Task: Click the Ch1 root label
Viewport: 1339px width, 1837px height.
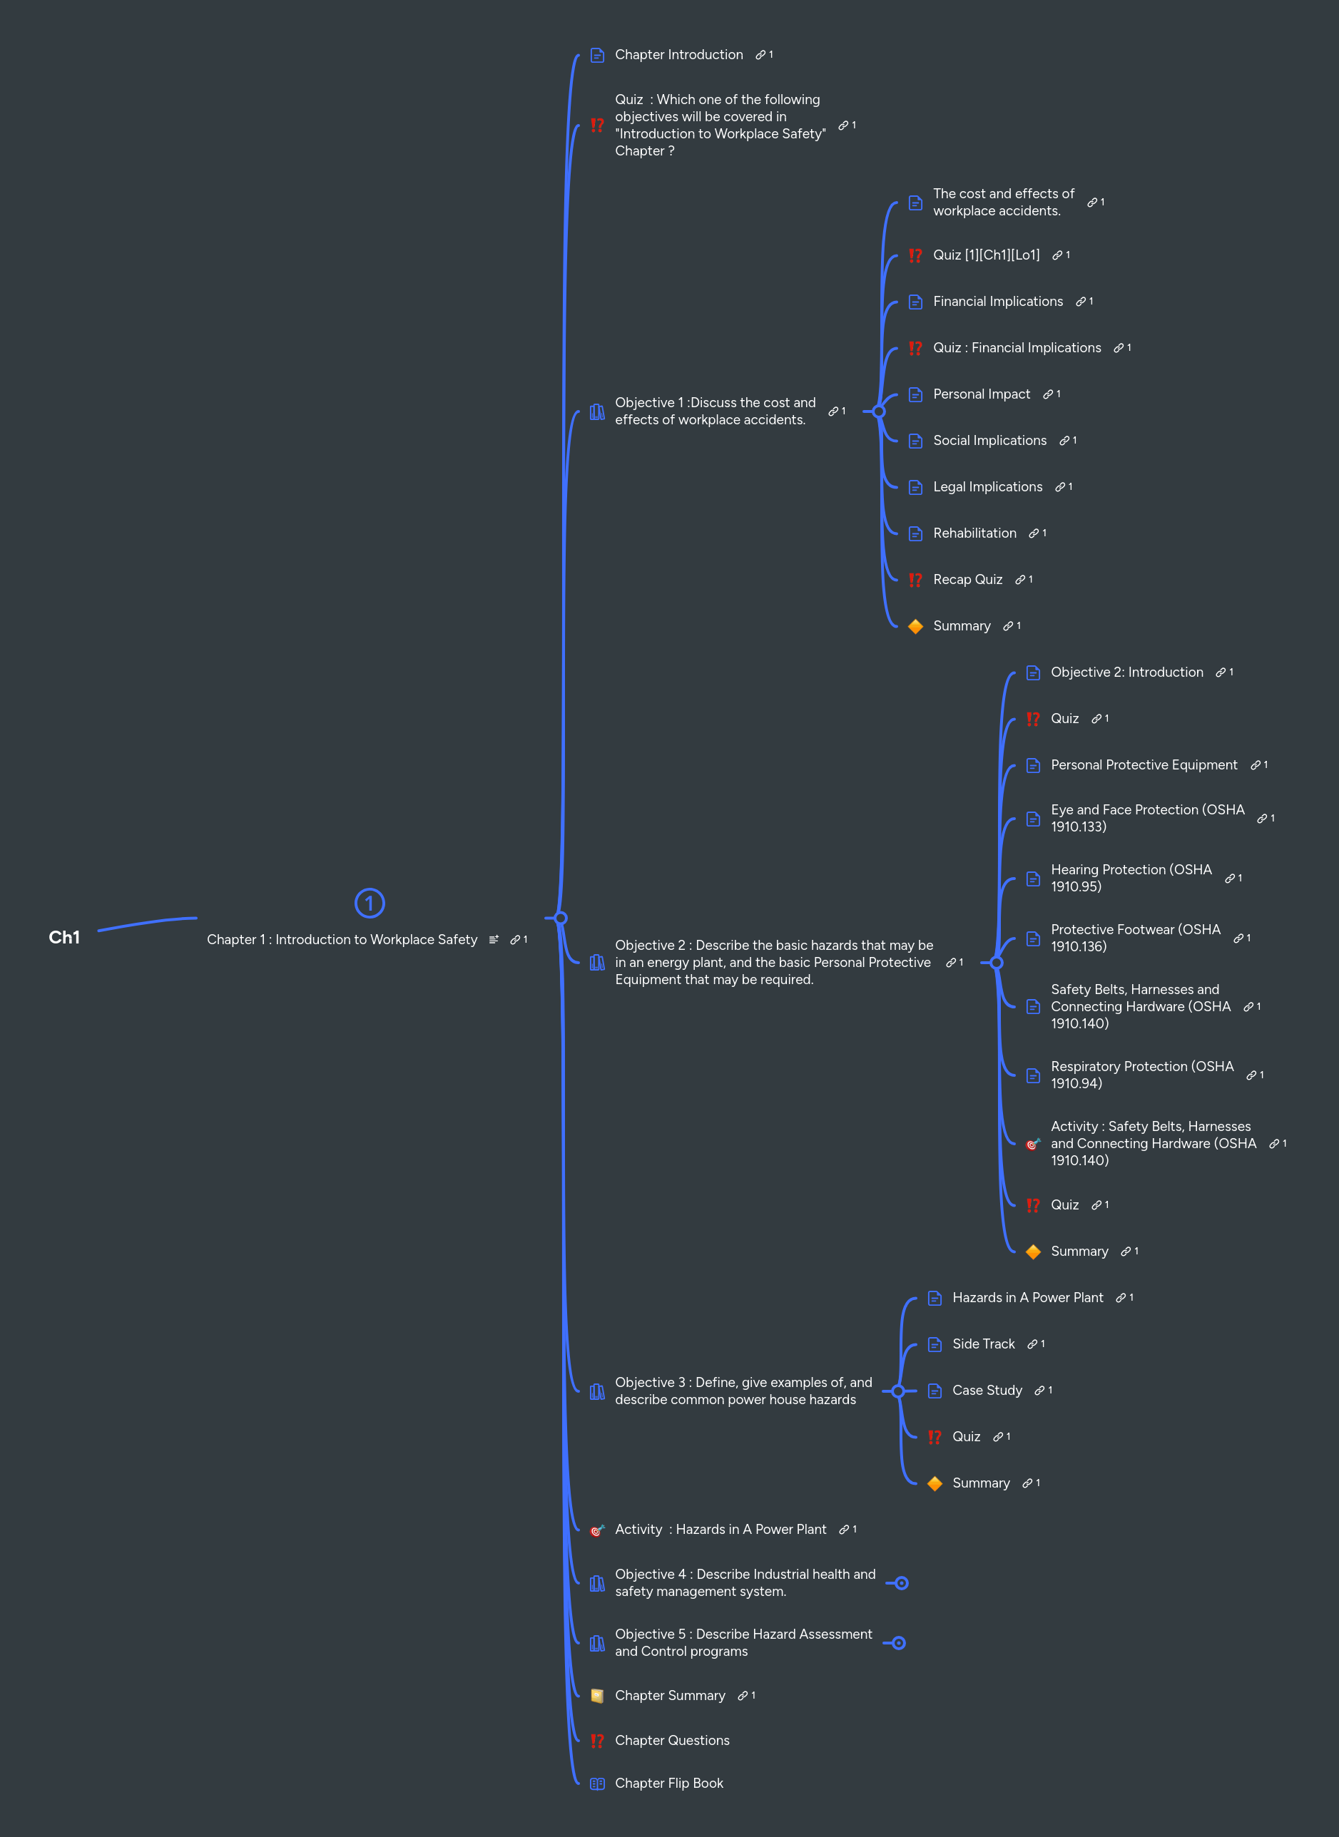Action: point(64,938)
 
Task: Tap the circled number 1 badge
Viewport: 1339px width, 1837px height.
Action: point(370,903)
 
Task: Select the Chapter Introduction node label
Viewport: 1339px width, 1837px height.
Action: point(678,55)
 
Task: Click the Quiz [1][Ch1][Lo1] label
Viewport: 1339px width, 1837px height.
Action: point(986,255)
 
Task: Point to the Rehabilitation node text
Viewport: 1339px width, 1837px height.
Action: point(974,533)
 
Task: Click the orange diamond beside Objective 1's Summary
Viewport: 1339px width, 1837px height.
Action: point(915,626)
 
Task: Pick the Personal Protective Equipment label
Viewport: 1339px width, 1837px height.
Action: point(1144,765)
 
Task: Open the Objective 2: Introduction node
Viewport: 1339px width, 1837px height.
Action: point(1126,672)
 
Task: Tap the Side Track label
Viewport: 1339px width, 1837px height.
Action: point(983,1344)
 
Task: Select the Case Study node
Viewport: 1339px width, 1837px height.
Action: point(987,1391)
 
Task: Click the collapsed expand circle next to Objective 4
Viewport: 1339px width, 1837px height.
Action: point(901,1583)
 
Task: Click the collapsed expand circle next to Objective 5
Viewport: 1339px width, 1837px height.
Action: point(899,1643)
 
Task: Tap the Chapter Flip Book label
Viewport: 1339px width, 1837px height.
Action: point(668,1784)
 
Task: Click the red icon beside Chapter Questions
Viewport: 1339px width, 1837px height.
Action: point(597,1741)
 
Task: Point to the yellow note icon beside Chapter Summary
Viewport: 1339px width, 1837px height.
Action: point(597,1696)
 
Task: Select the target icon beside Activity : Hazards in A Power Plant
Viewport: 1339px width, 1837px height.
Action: point(597,1530)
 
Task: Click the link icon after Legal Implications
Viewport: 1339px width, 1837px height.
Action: point(1060,487)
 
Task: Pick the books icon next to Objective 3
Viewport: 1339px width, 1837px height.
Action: point(597,1391)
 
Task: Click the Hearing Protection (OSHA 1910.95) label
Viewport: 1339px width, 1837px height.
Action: point(1131,879)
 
